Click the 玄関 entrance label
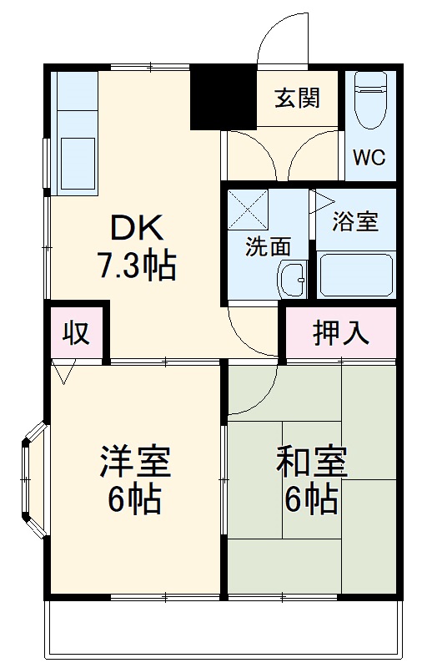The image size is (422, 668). pyautogui.click(x=298, y=99)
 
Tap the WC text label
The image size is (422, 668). pyautogui.click(x=369, y=158)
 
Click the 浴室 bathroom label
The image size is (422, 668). pyautogui.click(x=355, y=222)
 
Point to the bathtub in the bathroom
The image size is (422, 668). pyautogui.click(x=356, y=273)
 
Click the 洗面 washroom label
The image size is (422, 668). pyautogui.click(x=268, y=246)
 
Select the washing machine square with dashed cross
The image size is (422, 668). pyautogui.click(x=248, y=210)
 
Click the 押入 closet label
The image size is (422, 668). pyautogui.click(x=340, y=332)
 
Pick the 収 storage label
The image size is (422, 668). pyautogui.click(x=77, y=332)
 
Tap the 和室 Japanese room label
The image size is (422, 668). pyautogui.click(x=311, y=462)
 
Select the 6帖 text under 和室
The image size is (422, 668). pyautogui.click(x=311, y=498)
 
